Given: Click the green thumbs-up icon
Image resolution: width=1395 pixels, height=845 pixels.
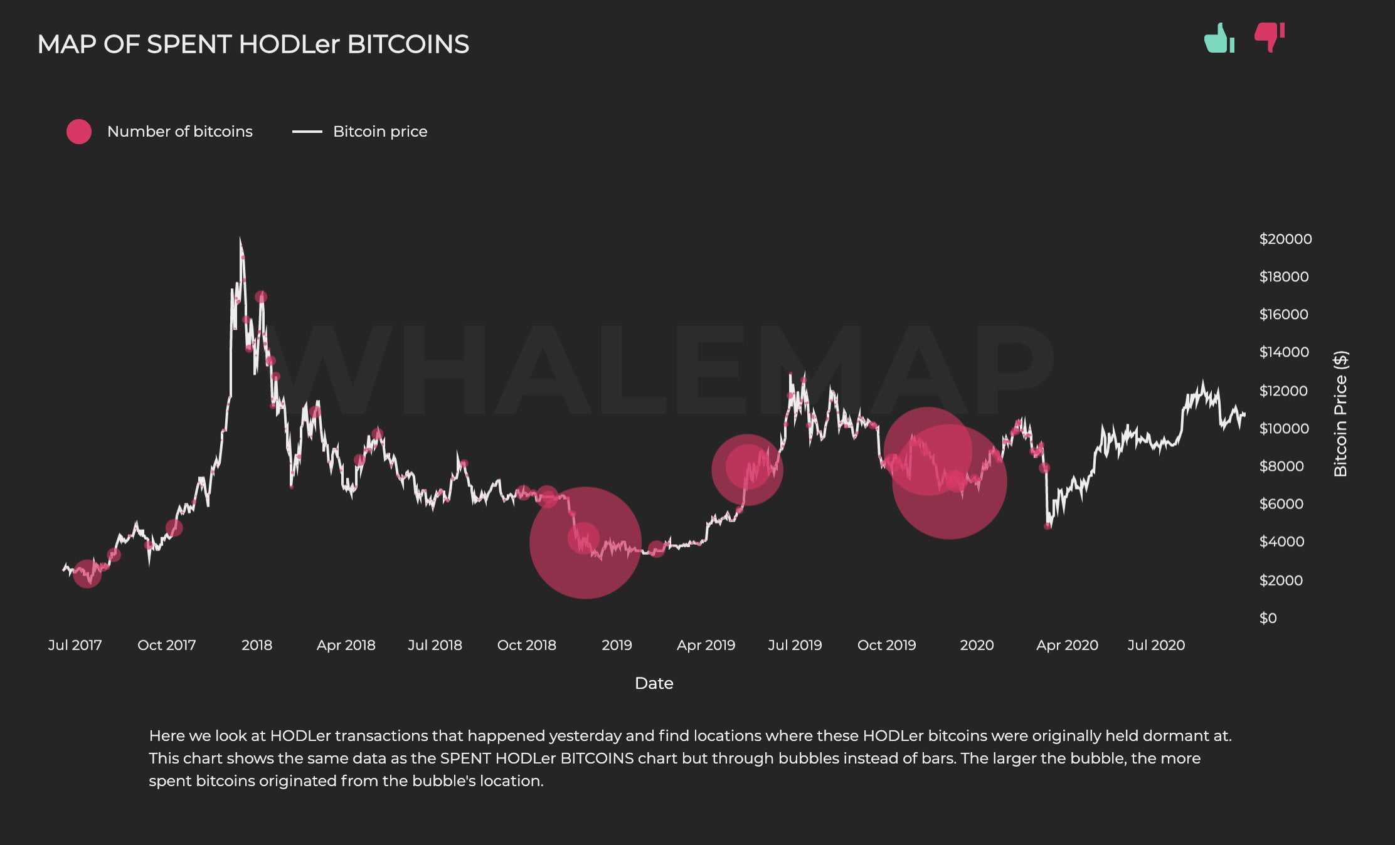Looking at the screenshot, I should (x=1219, y=38).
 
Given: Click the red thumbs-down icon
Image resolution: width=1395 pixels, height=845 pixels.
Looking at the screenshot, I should (x=1269, y=37).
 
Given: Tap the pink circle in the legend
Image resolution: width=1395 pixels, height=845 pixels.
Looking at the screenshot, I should (x=79, y=132).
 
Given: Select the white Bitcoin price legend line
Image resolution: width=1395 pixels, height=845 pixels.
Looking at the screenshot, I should (x=307, y=132).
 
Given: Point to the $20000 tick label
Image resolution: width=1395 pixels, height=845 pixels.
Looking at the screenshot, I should (x=1285, y=239).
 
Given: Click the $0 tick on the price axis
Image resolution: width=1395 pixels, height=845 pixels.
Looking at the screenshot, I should (x=1268, y=618).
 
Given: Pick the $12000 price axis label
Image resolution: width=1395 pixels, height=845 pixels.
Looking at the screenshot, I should (x=1283, y=391).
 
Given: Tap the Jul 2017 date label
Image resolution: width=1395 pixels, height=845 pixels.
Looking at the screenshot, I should (x=75, y=645).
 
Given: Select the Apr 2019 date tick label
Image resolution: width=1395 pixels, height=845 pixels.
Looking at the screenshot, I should (x=706, y=645).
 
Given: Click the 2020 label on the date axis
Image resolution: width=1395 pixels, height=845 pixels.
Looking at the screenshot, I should (x=977, y=645).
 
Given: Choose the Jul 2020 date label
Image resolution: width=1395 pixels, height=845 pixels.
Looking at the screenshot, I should (x=1156, y=645).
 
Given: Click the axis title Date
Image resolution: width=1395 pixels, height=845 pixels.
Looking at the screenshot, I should (x=654, y=683).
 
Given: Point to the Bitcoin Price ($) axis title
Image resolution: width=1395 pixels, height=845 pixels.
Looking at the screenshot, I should (x=1340, y=414).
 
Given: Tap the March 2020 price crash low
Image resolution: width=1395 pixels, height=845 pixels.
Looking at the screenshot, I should (x=1047, y=527).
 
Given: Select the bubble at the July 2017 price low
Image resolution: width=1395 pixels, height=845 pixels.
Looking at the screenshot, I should (x=87, y=574).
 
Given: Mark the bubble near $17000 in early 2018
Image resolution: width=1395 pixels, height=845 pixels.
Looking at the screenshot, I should (x=261, y=297).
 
